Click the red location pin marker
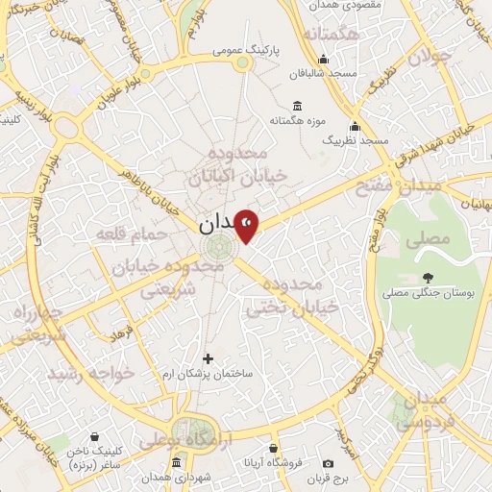coord(247,226)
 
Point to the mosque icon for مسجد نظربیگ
coord(355,125)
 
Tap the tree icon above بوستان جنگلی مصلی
coord(426,278)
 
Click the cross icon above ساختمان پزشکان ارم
coord(208,358)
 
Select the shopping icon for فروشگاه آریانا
coord(273,449)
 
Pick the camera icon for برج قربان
coord(329,464)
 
